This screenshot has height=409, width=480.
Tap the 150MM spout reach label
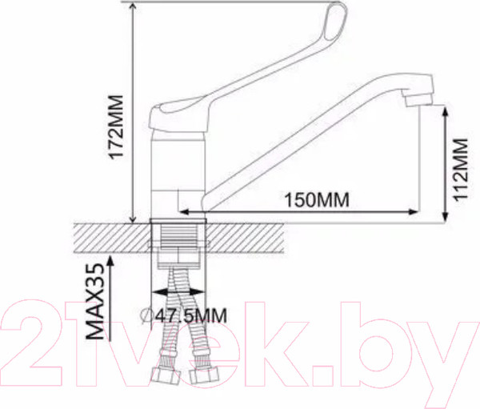tap(317, 200)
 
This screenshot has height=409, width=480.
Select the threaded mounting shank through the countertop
tap(181, 236)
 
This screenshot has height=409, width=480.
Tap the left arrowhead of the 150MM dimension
tap(181, 212)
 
